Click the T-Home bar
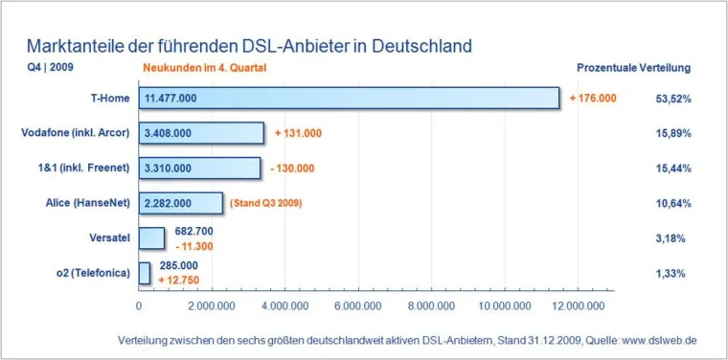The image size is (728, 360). click(349, 99)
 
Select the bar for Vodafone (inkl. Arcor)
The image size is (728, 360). click(201, 133)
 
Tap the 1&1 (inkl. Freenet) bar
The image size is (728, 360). click(199, 168)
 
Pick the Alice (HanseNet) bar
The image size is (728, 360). click(181, 203)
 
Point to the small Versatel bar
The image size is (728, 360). click(151, 237)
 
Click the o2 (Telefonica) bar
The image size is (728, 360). click(145, 273)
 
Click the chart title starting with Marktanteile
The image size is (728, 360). click(249, 46)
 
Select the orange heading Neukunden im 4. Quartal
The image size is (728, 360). click(205, 69)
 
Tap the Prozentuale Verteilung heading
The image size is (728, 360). click(633, 69)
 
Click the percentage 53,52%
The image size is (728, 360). click(673, 99)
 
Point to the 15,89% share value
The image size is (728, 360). click(673, 133)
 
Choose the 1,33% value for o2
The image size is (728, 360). click(673, 273)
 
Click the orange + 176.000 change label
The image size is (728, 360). click(593, 99)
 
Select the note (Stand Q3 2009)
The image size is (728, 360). click(270, 203)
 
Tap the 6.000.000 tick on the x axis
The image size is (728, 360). click(358, 306)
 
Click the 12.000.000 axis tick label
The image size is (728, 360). click(578, 306)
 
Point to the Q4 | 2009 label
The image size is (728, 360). click(50, 69)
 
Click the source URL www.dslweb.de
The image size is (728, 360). click(659, 340)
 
